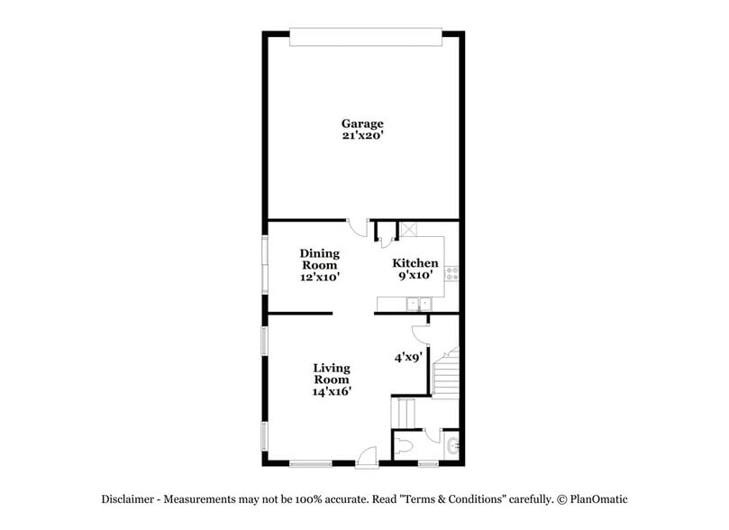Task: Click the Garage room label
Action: click(361, 123)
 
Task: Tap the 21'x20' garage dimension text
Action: click(361, 137)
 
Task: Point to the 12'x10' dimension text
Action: click(319, 278)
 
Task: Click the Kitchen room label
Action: click(415, 263)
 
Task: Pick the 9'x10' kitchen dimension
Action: click(415, 276)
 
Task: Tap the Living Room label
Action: click(332, 373)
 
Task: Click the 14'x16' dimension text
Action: click(332, 391)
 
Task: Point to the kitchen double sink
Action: click(418, 304)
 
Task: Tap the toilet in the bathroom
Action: click(405, 445)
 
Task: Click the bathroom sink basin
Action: click(451, 445)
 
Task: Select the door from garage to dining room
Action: click(359, 229)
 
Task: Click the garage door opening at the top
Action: click(365, 35)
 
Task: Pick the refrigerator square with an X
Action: click(406, 229)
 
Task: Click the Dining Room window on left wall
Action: click(265, 263)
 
